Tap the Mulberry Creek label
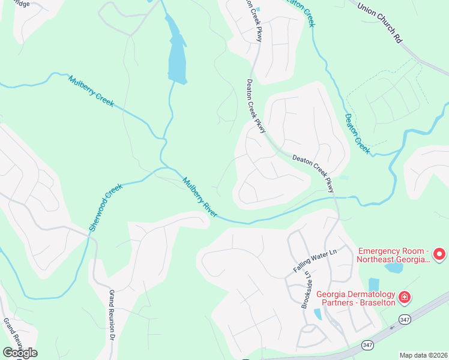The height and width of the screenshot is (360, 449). click(x=91, y=91)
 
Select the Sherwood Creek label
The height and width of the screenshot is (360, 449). click(x=106, y=207)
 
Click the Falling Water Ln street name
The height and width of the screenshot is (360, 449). click(x=316, y=262)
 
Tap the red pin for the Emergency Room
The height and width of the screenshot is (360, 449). click(x=439, y=254)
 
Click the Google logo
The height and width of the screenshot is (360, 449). click(x=20, y=352)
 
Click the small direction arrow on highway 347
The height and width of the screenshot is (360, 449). click(x=393, y=328)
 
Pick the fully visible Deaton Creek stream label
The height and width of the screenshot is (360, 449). click(x=357, y=133)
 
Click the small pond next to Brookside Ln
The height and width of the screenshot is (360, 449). click(x=317, y=314)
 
